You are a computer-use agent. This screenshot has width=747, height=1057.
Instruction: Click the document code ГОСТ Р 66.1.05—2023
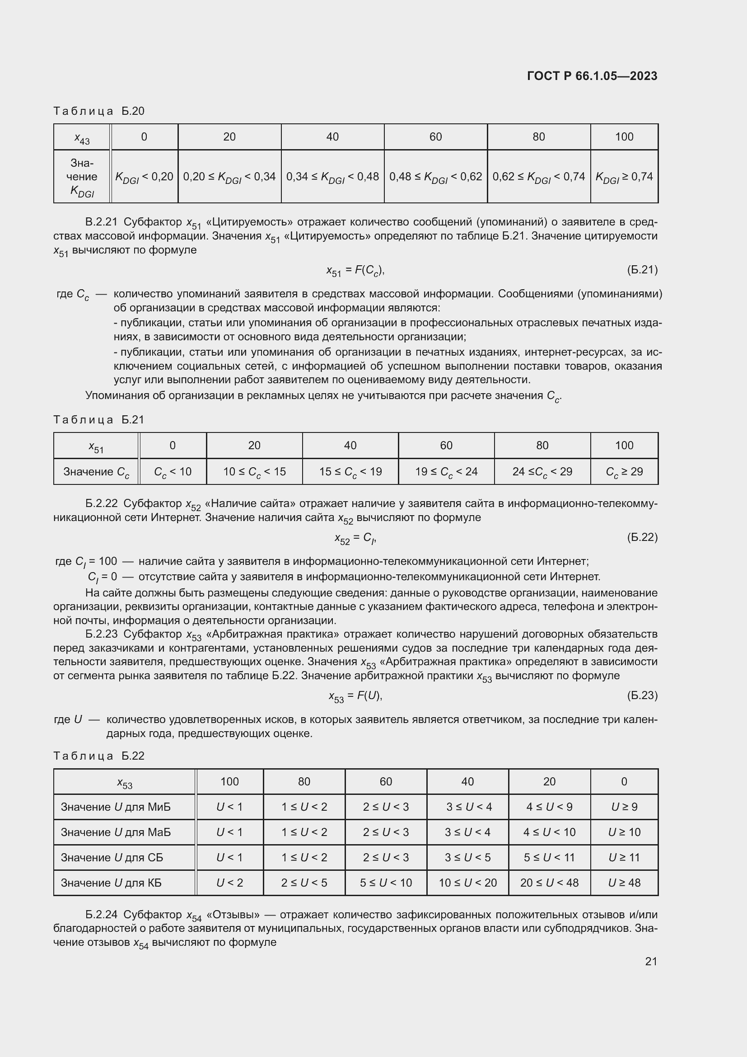click(x=592, y=76)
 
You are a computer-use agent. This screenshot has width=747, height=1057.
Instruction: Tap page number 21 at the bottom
click(x=651, y=961)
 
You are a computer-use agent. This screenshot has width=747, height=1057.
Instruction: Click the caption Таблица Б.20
click(x=99, y=111)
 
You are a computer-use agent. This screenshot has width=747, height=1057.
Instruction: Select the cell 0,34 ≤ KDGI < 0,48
click(x=332, y=177)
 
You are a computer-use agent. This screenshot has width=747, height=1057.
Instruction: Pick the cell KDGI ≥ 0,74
click(x=624, y=177)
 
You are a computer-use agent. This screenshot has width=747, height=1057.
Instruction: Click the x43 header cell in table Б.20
click(x=82, y=137)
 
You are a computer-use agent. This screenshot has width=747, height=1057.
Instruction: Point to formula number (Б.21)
click(x=642, y=270)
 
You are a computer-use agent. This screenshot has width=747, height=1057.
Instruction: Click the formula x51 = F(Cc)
click(x=355, y=271)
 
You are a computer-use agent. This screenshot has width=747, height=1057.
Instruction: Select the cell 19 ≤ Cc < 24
click(x=446, y=472)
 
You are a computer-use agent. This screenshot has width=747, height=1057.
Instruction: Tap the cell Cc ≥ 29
click(x=624, y=472)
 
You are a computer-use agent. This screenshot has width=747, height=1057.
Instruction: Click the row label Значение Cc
click(x=96, y=472)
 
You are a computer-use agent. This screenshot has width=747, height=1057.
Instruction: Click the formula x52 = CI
click(x=355, y=538)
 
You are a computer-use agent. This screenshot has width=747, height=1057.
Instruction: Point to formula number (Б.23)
click(x=642, y=695)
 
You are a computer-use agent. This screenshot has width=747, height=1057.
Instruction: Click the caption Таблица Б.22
click(x=99, y=756)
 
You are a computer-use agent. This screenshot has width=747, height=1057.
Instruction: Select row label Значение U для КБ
click(x=111, y=883)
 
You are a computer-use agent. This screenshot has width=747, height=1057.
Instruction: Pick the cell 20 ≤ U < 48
click(x=549, y=883)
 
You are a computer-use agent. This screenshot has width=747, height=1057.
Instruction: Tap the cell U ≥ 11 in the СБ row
click(x=624, y=857)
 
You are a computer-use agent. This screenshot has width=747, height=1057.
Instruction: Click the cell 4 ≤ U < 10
click(x=549, y=832)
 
